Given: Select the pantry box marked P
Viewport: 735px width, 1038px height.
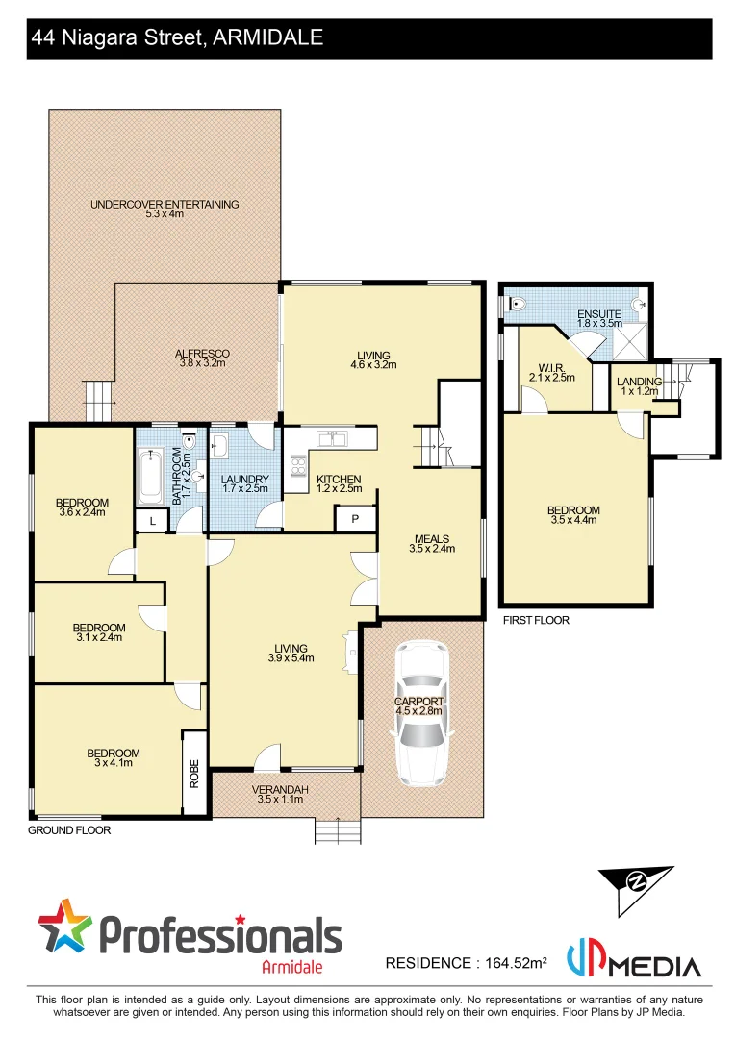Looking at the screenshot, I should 355,519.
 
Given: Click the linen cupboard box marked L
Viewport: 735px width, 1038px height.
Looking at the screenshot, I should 152,521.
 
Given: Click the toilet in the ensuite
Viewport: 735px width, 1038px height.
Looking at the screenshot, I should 517,303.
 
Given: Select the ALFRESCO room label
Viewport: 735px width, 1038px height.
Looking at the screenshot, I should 204,354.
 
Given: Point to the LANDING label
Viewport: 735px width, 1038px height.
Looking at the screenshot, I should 640,382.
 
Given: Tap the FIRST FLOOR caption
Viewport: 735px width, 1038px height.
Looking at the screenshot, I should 536,621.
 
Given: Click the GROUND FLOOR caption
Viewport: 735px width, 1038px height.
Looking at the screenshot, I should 69,830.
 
